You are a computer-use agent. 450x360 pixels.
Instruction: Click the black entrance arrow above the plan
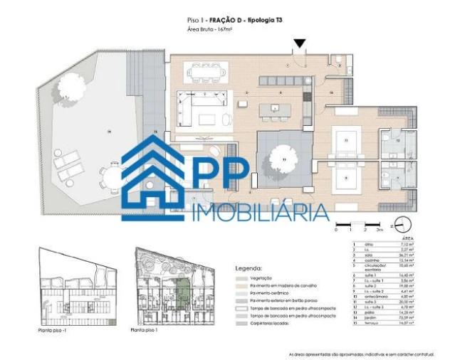300,43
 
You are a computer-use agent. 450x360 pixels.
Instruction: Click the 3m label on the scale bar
380,231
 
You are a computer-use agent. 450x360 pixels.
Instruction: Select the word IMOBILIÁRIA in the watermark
261,211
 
